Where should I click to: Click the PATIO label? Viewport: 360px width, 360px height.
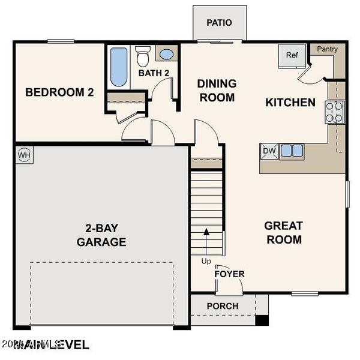click(x=219, y=23)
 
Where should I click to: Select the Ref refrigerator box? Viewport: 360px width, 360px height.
click(x=292, y=55)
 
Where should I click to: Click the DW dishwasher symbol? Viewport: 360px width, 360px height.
click(x=268, y=151)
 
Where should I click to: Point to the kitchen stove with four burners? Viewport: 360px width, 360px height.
click(x=335, y=112)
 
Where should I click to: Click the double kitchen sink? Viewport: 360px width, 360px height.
click(x=292, y=151)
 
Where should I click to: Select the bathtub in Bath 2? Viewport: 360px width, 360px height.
click(x=118, y=66)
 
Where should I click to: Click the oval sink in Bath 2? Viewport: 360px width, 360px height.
click(x=166, y=54)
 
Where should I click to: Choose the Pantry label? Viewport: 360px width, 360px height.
click(x=327, y=49)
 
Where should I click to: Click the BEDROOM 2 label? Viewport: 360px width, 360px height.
click(x=59, y=92)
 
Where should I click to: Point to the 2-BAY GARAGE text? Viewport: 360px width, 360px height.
click(x=101, y=235)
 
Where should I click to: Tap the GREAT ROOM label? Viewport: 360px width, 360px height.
click(x=283, y=233)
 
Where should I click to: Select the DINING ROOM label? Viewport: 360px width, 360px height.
click(x=217, y=90)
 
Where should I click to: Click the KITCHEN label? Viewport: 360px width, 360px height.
click(x=290, y=103)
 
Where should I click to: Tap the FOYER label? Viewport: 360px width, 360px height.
click(x=230, y=274)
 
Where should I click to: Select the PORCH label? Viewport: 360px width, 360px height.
click(x=222, y=306)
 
